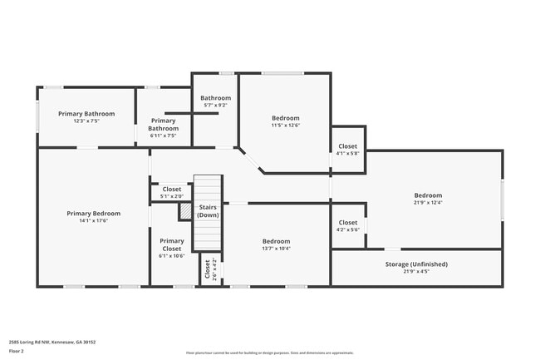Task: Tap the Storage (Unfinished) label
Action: coord(416,264)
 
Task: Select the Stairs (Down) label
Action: coord(208,210)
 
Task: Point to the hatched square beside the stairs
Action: coord(185,211)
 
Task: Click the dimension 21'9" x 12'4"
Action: coord(428,203)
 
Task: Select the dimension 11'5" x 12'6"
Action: coord(285,126)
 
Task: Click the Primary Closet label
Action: coord(172,244)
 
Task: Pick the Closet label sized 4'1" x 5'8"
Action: coord(348,147)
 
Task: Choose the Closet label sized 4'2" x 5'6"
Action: coord(348,223)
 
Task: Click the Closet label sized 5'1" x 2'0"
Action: coord(172,190)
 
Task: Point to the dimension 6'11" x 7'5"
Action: coord(163,136)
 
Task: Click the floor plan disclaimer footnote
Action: coord(269,353)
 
